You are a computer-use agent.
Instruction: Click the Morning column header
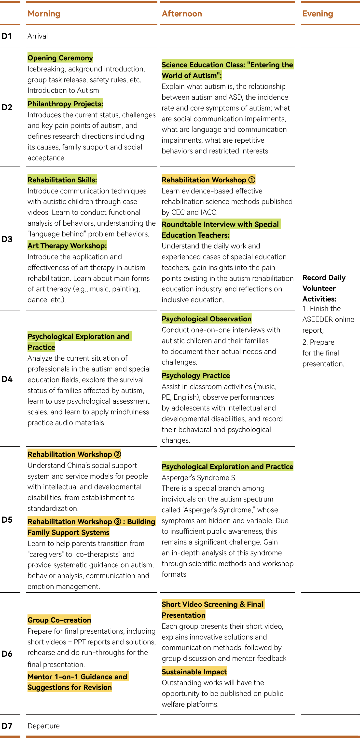(x=44, y=14)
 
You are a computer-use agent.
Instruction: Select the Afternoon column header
(x=182, y=14)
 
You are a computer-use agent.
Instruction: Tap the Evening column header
(x=317, y=14)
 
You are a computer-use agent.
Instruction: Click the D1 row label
(x=7, y=36)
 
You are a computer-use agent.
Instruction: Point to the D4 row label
(x=7, y=379)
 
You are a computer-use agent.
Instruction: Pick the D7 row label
(x=7, y=726)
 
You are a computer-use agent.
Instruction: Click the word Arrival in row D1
(x=38, y=36)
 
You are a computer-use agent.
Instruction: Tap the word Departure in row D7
(x=43, y=726)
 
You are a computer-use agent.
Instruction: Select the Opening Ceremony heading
(x=60, y=58)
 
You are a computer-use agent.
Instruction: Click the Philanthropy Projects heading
(x=65, y=104)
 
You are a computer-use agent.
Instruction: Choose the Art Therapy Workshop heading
(x=67, y=246)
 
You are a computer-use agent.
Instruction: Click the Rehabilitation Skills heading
(x=62, y=180)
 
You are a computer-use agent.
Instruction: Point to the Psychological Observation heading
(x=206, y=319)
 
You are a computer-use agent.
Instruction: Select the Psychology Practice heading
(x=195, y=375)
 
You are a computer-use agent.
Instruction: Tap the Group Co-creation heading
(x=59, y=620)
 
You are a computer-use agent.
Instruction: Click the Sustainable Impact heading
(x=194, y=672)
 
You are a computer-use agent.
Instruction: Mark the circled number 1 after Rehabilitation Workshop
(x=252, y=180)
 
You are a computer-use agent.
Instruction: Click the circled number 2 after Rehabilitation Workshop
(x=118, y=454)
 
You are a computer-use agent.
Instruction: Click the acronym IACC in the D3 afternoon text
(x=208, y=212)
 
